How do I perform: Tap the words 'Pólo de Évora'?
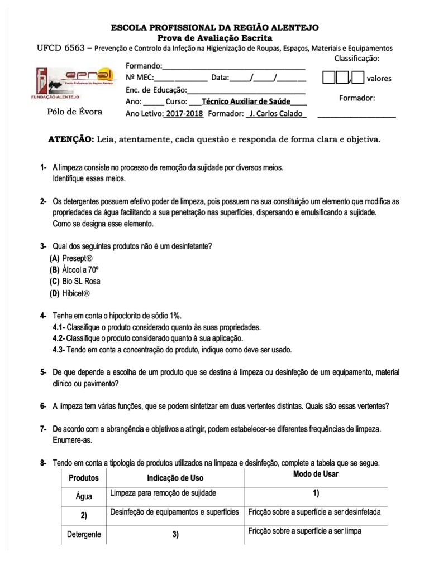click(74, 112)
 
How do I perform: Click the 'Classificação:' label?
click(357, 59)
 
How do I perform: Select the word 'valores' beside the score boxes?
click(379, 79)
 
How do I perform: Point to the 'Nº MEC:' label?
click(139, 78)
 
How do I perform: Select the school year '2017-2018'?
click(183, 114)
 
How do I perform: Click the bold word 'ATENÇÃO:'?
click(71, 139)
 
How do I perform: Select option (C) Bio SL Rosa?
click(75, 281)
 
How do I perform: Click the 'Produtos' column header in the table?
click(84, 478)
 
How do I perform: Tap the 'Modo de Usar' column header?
click(316, 474)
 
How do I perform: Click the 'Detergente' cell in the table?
click(84, 534)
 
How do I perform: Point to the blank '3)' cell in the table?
click(175, 535)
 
